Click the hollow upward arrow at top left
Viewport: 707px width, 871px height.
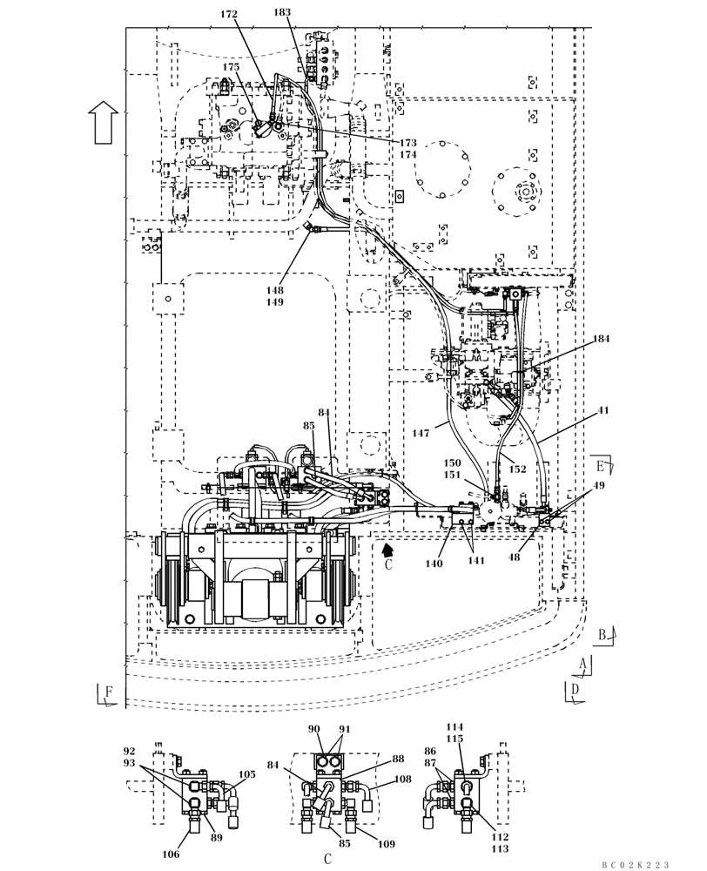click(x=104, y=120)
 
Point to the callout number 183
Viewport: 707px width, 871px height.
click(x=282, y=12)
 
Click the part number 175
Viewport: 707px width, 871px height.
click(x=230, y=67)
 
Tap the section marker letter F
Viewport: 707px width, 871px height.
click(x=109, y=692)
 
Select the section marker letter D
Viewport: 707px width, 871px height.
click(x=576, y=689)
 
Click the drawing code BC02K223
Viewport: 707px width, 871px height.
click(x=635, y=864)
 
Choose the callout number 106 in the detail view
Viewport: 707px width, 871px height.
click(x=171, y=854)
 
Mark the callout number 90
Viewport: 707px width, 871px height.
click(x=314, y=728)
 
